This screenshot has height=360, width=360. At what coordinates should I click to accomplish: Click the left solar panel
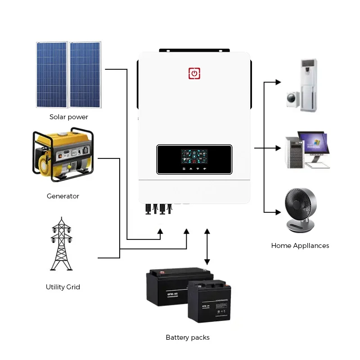(x=52, y=75)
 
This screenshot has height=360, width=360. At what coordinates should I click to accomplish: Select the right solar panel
(x=86, y=75)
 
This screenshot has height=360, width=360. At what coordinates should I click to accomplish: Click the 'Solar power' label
(x=69, y=117)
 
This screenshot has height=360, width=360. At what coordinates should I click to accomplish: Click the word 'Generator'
(x=63, y=196)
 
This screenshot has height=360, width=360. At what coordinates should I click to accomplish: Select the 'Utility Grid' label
(x=63, y=287)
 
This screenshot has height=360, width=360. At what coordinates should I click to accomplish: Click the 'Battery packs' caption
(x=188, y=337)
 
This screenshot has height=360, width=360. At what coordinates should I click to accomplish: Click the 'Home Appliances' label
(x=300, y=246)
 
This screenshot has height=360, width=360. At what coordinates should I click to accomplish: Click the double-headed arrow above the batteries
(x=207, y=247)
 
